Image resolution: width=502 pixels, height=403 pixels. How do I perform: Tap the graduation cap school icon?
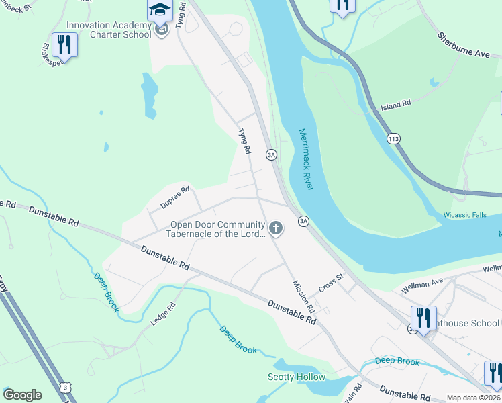(160, 10)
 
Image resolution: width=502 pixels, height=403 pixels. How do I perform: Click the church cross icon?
(275, 229)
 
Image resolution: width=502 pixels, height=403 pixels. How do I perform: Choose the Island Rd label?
(395, 105)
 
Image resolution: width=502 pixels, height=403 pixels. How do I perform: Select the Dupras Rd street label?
(174, 197)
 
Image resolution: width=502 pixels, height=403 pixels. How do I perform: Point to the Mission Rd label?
(303, 296)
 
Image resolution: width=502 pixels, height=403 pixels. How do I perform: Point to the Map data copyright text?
(473, 398)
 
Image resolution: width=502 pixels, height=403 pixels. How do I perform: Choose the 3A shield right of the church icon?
(303, 220)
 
